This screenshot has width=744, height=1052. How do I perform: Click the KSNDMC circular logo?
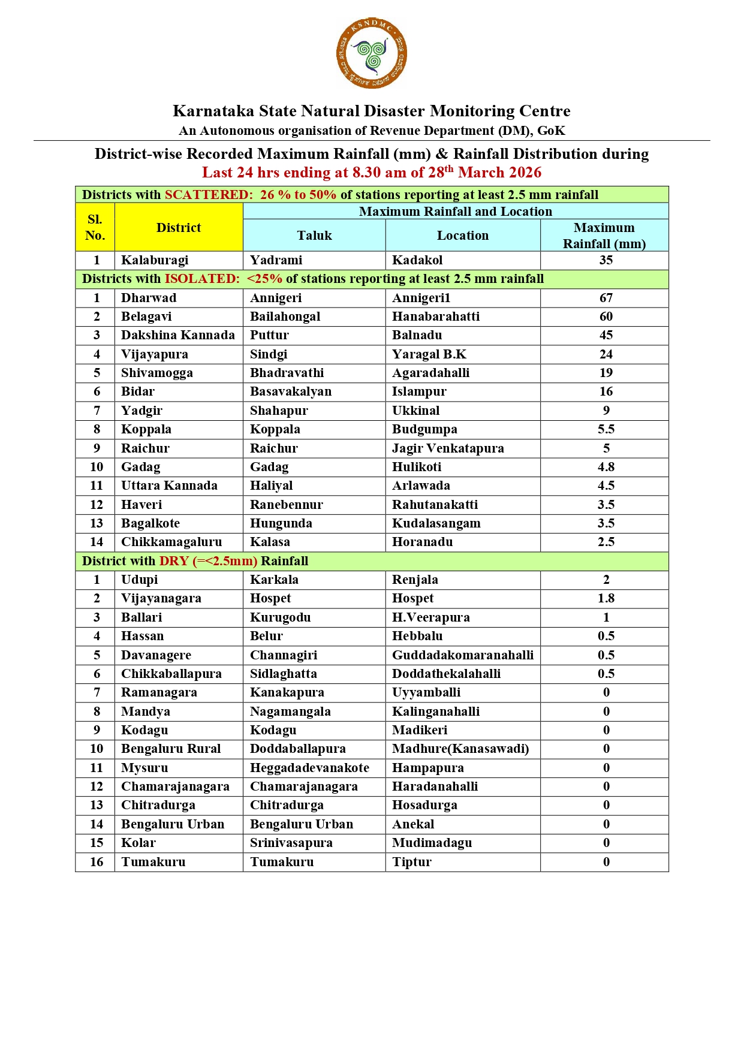[x=372, y=53]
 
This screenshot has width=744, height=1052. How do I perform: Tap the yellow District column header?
[x=179, y=228]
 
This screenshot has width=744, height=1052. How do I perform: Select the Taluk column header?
[x=314, y=236]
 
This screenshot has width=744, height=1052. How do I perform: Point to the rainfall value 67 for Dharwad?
[x=606, y=298]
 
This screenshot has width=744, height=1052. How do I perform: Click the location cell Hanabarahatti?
[x=436, y=316]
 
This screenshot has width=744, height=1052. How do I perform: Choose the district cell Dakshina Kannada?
[x=178, y=335]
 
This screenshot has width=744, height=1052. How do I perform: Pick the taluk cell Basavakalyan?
[x=291, y=391]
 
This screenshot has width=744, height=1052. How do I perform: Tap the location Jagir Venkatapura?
[x=448, y=448]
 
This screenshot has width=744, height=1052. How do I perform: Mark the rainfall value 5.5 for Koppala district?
[x=606, y=429]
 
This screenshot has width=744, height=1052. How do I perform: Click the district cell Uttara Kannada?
[x=169, y=486]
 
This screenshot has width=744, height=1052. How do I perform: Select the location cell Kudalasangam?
[x=436, y=523]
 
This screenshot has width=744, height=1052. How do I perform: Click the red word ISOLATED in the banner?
[x=202, y=279]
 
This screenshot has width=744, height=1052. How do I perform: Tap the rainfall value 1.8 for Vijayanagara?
[x=606, y=598]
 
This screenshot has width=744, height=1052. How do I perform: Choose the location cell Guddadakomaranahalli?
[x=463, y=655]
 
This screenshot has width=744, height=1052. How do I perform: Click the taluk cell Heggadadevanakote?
[x=309, y=768]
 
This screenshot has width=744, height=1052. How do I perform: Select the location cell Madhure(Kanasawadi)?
[x=460, y=749]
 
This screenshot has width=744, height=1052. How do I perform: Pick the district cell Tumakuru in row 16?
[x=153, y=862]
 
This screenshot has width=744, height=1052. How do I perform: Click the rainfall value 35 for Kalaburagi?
[x=606, y=260]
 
